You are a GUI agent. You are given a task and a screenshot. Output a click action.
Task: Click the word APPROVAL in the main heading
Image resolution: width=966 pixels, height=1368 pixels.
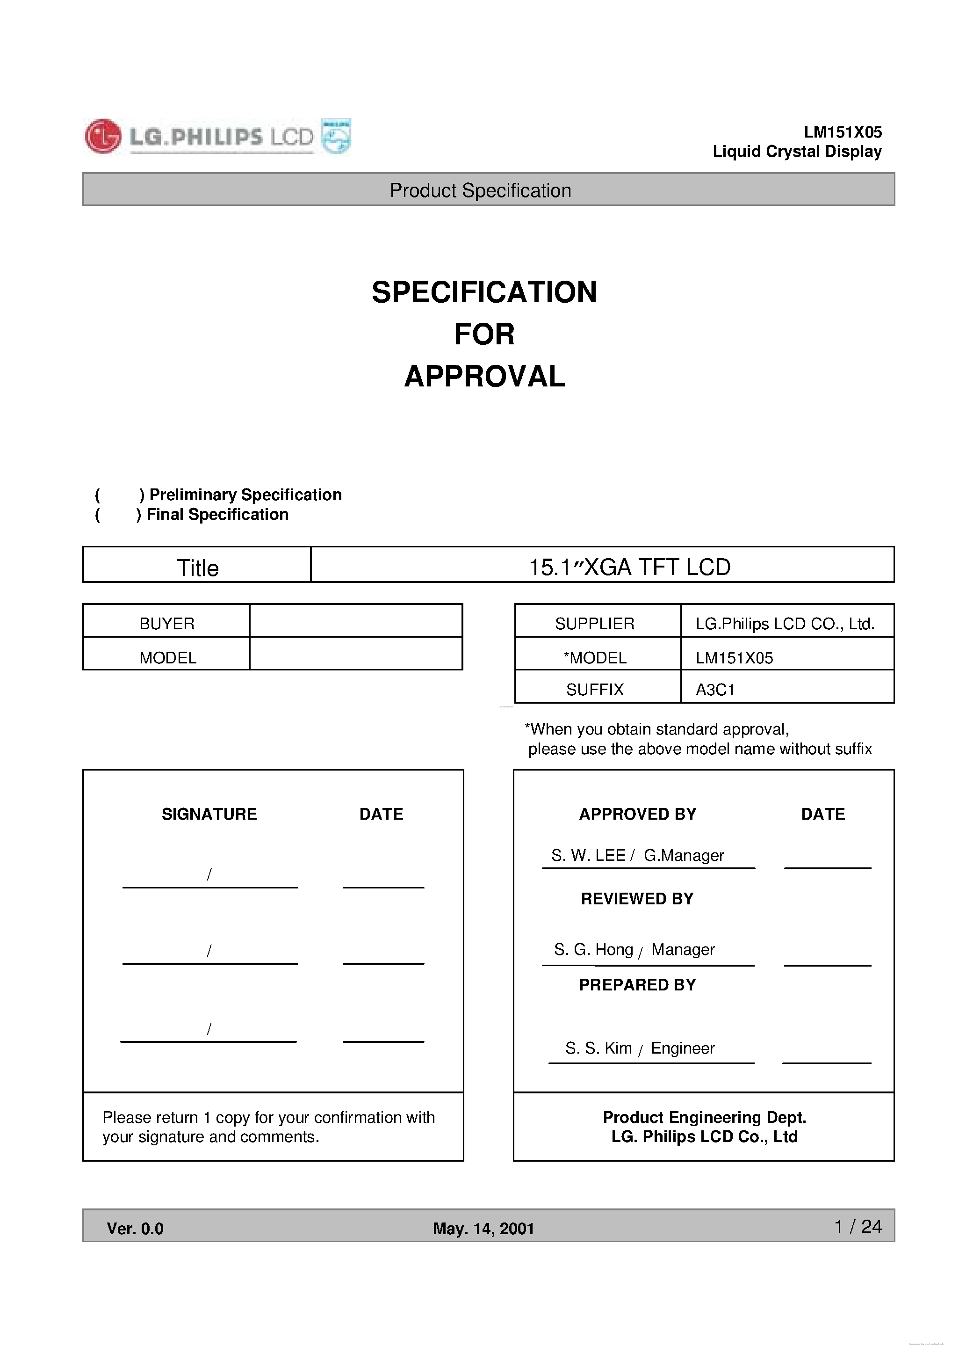(484, 377)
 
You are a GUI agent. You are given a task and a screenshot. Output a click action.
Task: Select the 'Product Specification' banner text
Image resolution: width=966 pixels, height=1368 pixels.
(480, 191)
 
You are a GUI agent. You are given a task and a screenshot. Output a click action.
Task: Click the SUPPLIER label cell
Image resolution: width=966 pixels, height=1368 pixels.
(594, 623)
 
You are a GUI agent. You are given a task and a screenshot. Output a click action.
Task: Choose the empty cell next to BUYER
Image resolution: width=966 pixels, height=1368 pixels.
(355, 621)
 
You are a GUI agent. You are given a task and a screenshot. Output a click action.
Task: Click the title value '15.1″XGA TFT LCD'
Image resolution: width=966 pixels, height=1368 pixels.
(629, 567)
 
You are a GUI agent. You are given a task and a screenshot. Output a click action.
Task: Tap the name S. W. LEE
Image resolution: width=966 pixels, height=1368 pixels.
(588, 856)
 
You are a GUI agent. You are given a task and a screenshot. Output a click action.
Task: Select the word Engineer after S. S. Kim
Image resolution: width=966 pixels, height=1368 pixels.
(683, 1048)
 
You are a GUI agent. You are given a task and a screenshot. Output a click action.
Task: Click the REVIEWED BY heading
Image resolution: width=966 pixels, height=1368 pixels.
(637, 899)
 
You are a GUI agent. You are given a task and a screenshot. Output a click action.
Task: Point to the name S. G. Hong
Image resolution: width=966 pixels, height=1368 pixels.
(593, 950)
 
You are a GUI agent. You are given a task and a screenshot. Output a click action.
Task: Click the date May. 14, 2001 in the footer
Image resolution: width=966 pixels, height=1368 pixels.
(483, 1229)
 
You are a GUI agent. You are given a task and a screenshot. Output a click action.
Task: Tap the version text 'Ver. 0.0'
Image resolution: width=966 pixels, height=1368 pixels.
(135, 1229)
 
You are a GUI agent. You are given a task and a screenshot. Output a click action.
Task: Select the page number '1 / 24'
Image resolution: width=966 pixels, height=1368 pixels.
(858, 1227)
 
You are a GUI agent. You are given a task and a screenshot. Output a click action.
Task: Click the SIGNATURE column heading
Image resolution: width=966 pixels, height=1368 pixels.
(209, 815)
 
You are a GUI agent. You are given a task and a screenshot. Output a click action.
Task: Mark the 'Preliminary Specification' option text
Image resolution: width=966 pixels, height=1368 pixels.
(245, 495)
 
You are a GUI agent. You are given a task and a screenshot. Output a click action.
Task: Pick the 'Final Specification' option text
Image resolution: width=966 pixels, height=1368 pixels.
(217, 514)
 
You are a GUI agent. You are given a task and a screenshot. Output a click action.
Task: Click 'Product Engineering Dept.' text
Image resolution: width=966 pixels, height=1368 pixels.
(704, 1117)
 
